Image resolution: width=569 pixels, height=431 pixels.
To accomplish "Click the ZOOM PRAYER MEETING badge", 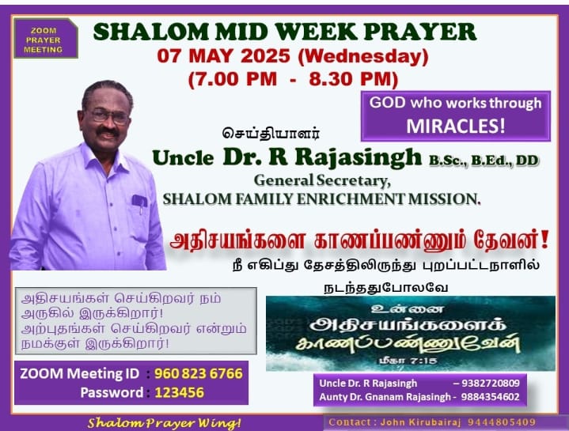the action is click(45, 39).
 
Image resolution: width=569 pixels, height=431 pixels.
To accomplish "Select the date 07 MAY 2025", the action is click(223, 56).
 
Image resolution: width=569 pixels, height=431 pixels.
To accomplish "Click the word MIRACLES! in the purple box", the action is click(455, 127).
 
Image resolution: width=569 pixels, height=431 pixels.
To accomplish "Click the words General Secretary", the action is click(322, 180).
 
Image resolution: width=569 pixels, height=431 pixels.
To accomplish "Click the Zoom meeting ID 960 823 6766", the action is click(199, 373).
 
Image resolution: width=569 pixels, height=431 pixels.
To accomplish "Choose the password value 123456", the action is click(180, 392).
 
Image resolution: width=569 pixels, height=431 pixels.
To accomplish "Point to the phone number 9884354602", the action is click(490, 397).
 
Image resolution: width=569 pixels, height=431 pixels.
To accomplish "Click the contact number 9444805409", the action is click(502, 422).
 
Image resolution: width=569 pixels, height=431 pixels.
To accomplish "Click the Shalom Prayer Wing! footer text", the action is click(164, 423).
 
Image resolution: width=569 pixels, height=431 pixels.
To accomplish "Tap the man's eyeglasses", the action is click(109, 116).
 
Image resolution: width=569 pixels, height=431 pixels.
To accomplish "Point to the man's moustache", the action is click(108, 131).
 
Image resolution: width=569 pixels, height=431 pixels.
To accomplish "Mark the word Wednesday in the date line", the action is click(363, 57).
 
